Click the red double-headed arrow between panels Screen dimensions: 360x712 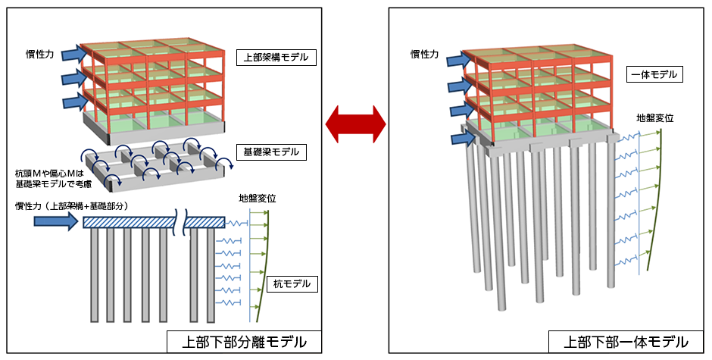click(x=355, y=122)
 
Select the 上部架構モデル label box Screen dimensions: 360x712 click(x=276, y=57)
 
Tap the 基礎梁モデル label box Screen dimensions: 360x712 click(x=271, y=152)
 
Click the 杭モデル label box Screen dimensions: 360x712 click(x=292, y=284)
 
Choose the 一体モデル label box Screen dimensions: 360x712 click(x=655, y=75)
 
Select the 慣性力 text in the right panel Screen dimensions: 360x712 click(x=425, y=54)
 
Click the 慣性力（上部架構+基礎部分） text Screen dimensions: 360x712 click(x=66, y=206)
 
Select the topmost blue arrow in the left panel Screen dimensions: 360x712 click(x=73, y=53)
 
